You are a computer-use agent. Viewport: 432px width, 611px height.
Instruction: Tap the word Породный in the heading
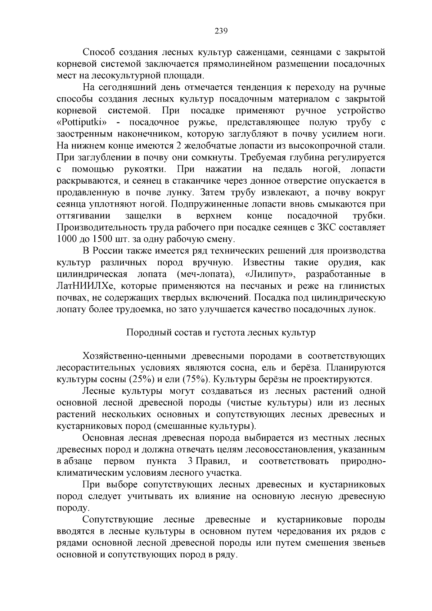(146, 332)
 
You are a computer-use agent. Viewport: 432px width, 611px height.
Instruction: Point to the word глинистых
(362, 286)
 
